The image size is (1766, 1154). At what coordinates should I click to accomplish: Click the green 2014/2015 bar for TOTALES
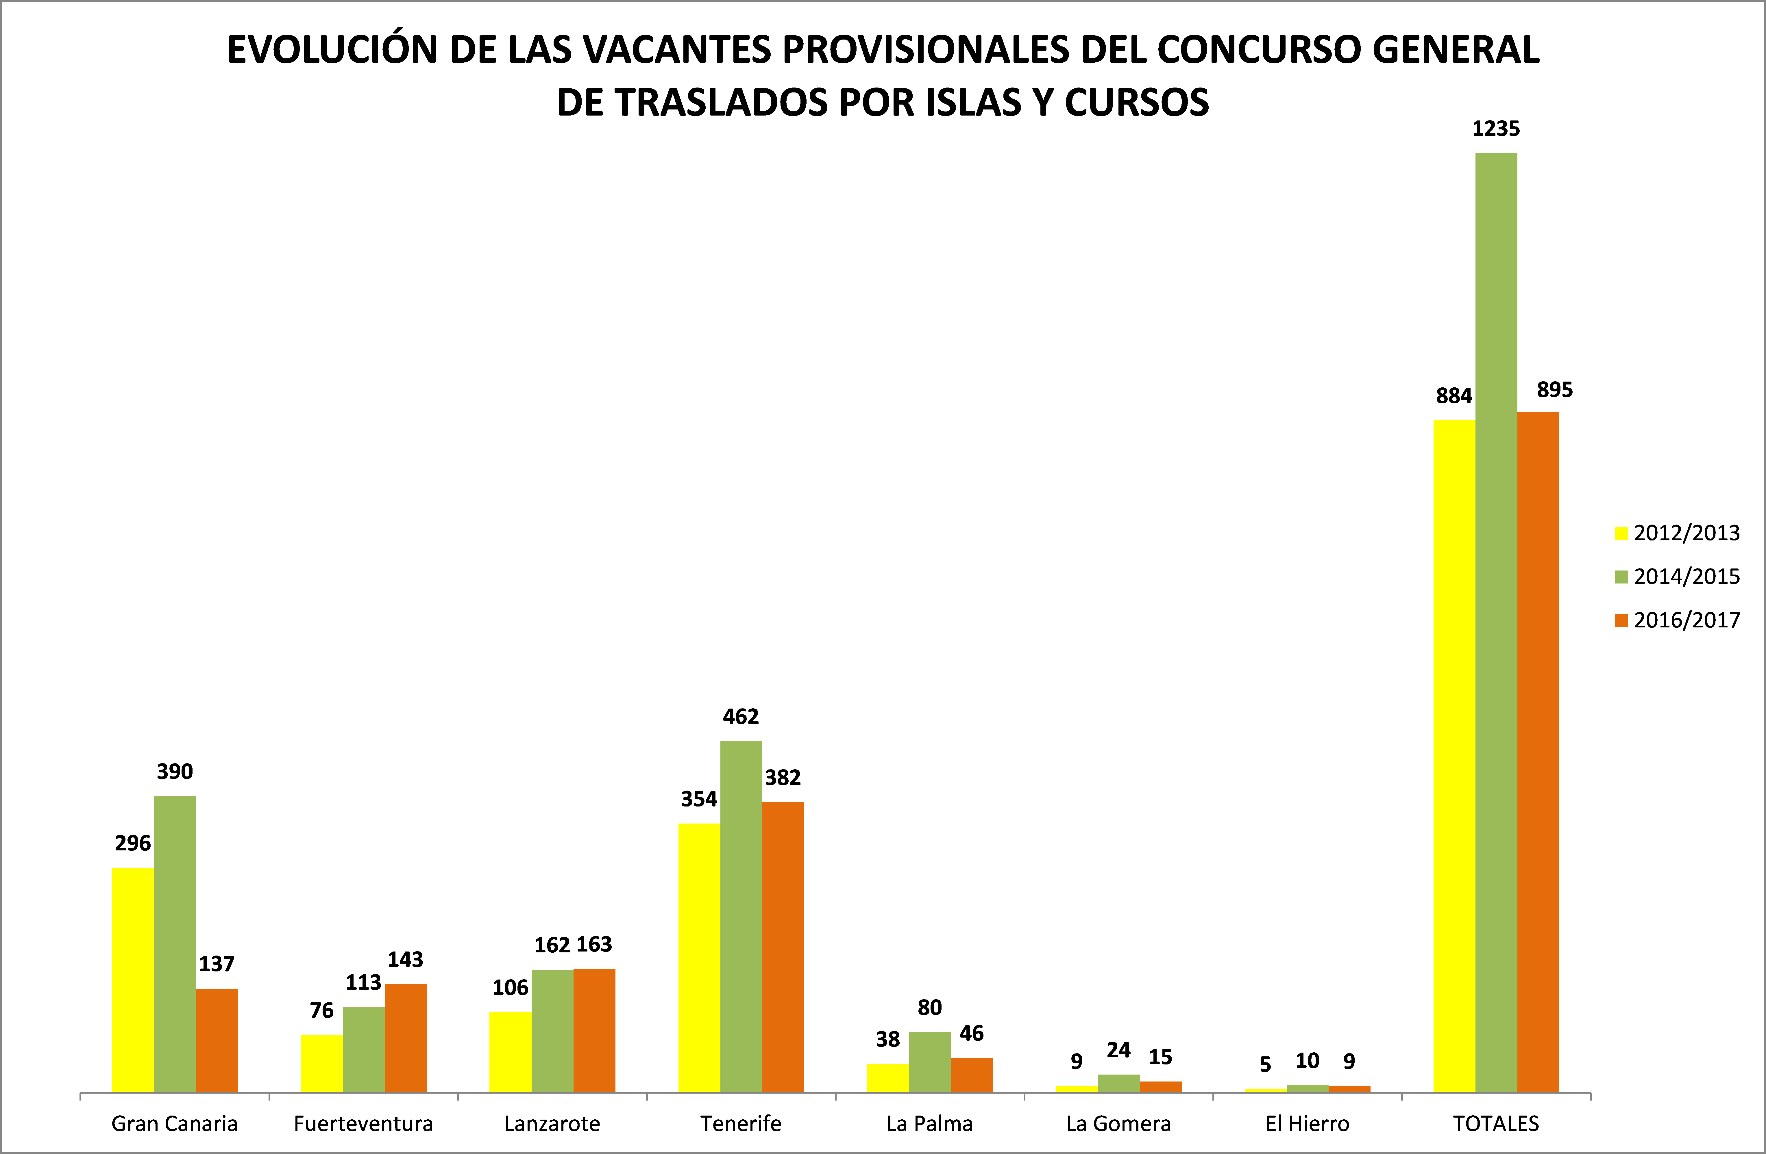(1496, 623)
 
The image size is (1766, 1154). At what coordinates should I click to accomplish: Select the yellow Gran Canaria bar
(133, 979)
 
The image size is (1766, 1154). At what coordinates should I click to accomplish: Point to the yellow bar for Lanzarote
(511, 1052)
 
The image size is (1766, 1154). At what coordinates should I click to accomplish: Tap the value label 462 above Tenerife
(741, 716)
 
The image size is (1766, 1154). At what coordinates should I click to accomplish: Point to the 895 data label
(1554, 389)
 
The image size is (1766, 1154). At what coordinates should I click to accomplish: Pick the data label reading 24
(1118, 1050)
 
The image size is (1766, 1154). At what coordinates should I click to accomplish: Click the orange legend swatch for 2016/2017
(1621, 620)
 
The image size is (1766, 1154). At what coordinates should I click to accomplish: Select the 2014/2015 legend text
(1687, 576)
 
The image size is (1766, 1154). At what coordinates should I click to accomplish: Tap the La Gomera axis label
(1118, 1124)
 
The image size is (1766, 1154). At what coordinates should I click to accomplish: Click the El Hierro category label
(1308, 1124)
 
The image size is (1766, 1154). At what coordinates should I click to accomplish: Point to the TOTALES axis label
(1496, 1124)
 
